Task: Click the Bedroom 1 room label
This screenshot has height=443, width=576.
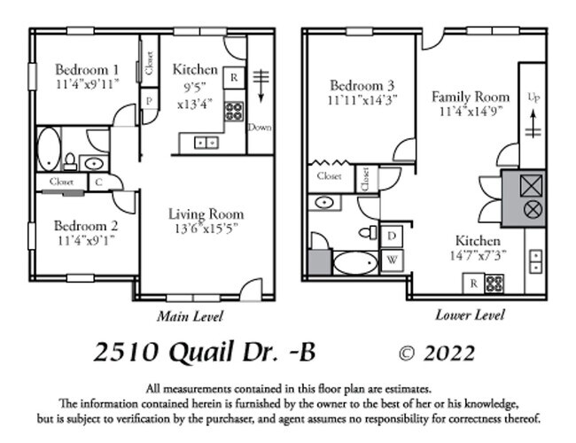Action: coord(86,69)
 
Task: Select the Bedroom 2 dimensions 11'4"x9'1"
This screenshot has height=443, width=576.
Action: coord(86,239)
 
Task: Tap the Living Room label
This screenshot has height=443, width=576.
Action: coord(206,214)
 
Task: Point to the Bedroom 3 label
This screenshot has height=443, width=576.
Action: coord(362,85)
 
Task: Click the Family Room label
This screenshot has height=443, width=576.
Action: coord(470,96)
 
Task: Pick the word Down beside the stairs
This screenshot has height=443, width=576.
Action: coord(260,127)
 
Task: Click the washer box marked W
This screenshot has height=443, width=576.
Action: coord(392,260)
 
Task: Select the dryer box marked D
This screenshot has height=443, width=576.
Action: coord(392,237)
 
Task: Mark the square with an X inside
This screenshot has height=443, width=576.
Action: coord(533,186)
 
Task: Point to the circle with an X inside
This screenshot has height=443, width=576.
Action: coord(533,210)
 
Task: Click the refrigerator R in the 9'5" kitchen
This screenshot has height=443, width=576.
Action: coord(234,77)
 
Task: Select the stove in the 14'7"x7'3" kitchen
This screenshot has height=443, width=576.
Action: coord(494,284)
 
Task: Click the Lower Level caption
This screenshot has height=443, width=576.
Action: coord(470,315)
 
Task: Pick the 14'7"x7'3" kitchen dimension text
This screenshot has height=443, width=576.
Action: coord(479,254)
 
